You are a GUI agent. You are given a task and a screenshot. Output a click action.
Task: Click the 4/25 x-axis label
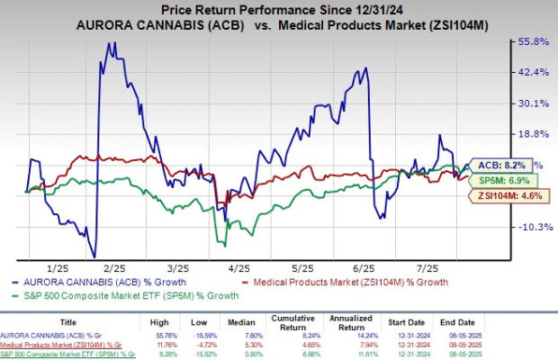coord(240,268)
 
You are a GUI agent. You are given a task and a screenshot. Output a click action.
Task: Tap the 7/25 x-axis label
coord(426,268)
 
